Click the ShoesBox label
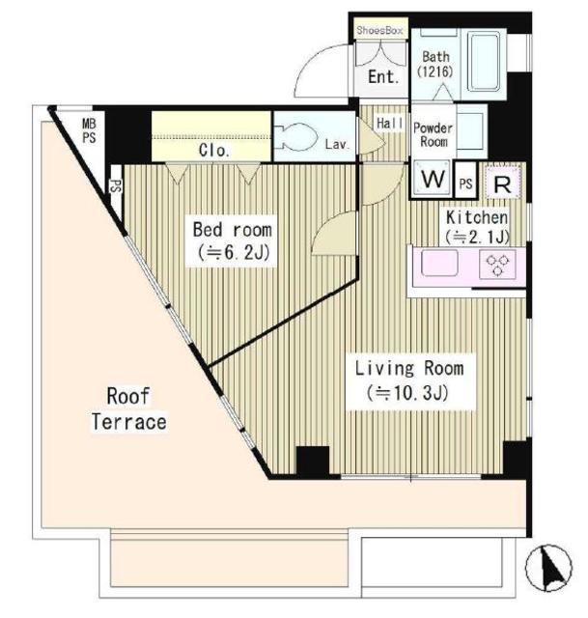pyautogui.click(x=379, y=30)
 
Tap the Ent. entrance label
pyautogui.click(x=383, y=77)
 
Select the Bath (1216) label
pyautogui.click(x=435, y=64)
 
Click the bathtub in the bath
pyautogui.click(x=484, y=62)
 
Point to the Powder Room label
pyautogui.click(x=434, y=135)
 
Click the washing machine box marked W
pyautogui.click(x=432, y=179)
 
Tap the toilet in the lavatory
pyautogui.click(x=295, y=137)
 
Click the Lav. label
pyautogui.click(x=337, y=144)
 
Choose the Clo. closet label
pyautogui.click(x=214, y=151)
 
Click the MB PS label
pyautogui.click(x=89, y=131)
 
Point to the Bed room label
pyautogui.click(x=232, y=240)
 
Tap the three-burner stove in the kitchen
pyautogui.click(x=498, y=265)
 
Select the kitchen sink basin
pyautogui.click(x=440, y=263)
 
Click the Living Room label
pyautogui.click(x=409, y=380)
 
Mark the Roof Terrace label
pyautogui.click(x=128, y=408)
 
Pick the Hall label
pyautogui.click(x=390, y=124)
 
